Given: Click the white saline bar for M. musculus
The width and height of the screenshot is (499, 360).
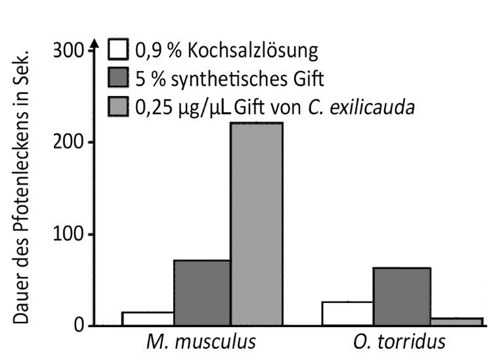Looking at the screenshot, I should (148, 319).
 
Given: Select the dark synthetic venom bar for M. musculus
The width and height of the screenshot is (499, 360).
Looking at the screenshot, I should (202, 292).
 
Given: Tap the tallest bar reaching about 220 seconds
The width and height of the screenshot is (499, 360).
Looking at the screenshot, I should (256, 223).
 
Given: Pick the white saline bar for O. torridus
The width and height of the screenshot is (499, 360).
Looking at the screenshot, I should (347, 313).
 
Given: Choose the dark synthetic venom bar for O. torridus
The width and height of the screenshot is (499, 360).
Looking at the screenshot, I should (402, 296).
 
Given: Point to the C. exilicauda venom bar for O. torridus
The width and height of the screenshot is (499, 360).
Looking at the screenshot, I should (456, 321).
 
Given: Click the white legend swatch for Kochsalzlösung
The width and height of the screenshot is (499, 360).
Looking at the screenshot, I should (118, 50).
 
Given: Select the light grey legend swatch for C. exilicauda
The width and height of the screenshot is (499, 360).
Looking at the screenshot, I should (118, 106).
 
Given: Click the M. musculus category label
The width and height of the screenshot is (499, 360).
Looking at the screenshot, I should (202, 343).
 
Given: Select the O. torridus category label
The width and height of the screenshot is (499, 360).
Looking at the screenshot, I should (399, 343).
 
